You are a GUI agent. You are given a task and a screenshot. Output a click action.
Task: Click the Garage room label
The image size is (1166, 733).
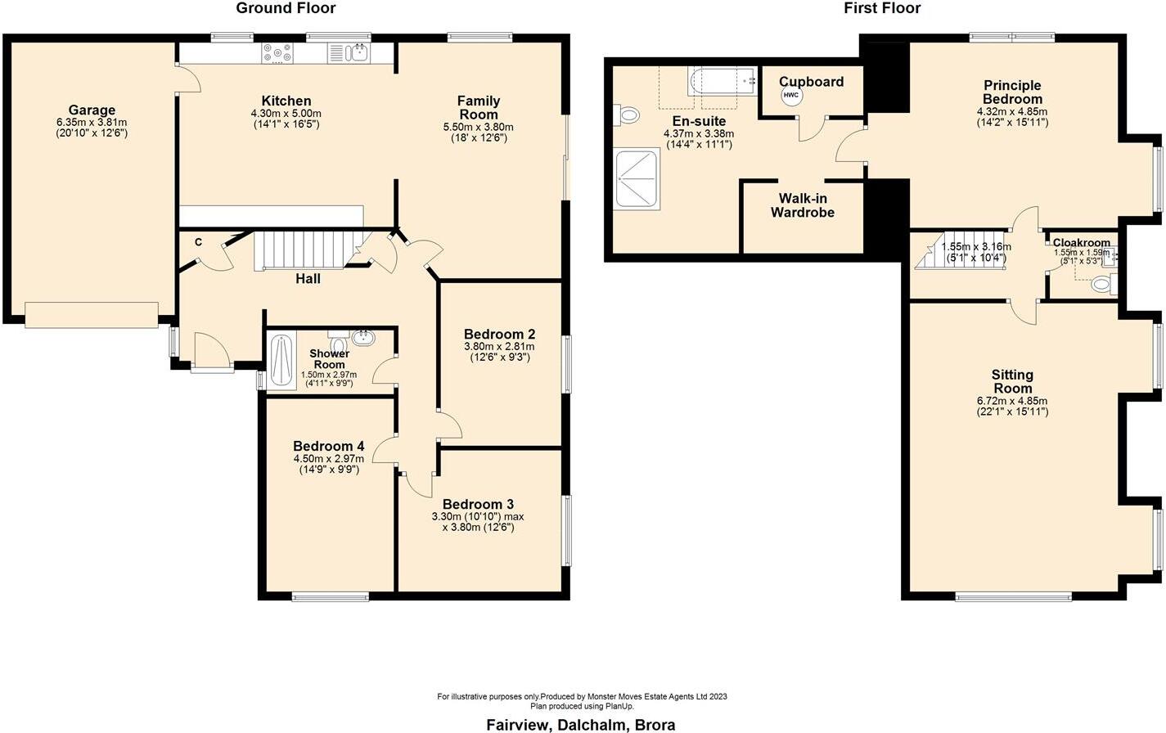[x=92, y=110]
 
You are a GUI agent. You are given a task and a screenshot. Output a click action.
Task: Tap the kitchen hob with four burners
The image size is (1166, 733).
[x=277, y=54]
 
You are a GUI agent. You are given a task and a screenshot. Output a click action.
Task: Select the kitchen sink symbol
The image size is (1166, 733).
[x=357, y=54]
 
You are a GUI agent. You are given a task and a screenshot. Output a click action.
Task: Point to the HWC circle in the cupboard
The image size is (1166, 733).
[x=790, y=96]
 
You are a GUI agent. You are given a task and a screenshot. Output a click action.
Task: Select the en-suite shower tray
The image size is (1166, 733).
[x=636, y=178]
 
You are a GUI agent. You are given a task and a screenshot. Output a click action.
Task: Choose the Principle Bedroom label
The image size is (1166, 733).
[x=1012, y=92]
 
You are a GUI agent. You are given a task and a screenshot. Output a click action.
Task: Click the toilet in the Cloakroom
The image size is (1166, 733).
[x=1102, y=285]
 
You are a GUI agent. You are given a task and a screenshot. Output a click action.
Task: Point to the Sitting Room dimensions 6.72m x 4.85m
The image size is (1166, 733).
[x=1012, y=407]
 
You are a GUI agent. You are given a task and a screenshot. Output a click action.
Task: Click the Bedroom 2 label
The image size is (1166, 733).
[x=499, y=334]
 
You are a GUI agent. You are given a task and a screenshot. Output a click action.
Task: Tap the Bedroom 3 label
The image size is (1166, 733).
[x=478, y=504]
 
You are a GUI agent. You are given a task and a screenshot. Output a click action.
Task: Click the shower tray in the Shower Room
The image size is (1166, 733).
[x=281, y=360]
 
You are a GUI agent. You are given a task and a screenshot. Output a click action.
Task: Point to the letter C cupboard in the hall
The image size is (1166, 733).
[x=198, y=242]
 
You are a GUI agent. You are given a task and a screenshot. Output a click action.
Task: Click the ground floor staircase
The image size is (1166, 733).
[x=303, y=250]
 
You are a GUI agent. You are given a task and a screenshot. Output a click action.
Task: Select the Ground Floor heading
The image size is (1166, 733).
[x=286, y=8]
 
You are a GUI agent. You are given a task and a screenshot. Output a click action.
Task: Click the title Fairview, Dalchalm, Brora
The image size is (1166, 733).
[x=581, y=724]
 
